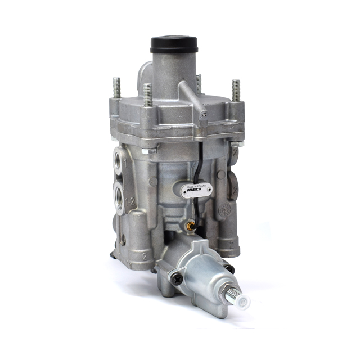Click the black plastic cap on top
click(x=174, y=44)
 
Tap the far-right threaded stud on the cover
click(x=236, y=90)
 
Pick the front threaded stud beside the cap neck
click(x=147, y=94)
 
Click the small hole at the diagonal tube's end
click(x=204, y=114)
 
